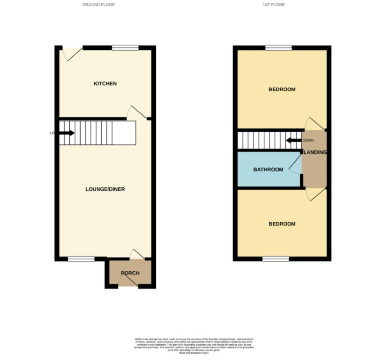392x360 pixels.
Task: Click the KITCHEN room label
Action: tap(105, 84)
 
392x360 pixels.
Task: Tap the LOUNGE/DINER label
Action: tap(105, 189)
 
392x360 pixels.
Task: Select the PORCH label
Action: tap(130, 273)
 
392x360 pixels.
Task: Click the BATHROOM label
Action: tap(268, 170)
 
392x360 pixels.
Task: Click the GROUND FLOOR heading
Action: tap(98, 5)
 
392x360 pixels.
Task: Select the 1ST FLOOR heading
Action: tap(274, 5)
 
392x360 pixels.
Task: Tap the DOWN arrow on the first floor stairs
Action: tap(294, 140)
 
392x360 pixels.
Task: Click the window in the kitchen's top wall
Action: tap(125, 48)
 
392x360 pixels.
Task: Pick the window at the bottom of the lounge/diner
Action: tap(81, 259)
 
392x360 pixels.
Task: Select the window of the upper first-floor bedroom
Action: tap(278, 48)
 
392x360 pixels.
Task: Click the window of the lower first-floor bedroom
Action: tap(275, 259)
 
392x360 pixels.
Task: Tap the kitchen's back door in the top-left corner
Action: tap(71, 54)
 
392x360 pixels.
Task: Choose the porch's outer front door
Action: tap(128, 281)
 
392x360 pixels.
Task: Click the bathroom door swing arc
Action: tap(295, 164)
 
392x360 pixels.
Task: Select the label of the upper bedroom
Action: tap(282, 89)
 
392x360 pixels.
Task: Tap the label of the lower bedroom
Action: tap(282, 224)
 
